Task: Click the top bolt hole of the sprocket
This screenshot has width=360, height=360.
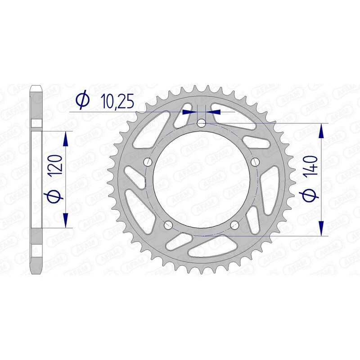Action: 202,123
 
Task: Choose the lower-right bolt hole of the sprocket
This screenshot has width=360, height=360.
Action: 234,225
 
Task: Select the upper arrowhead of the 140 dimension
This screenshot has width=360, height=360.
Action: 321,130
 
